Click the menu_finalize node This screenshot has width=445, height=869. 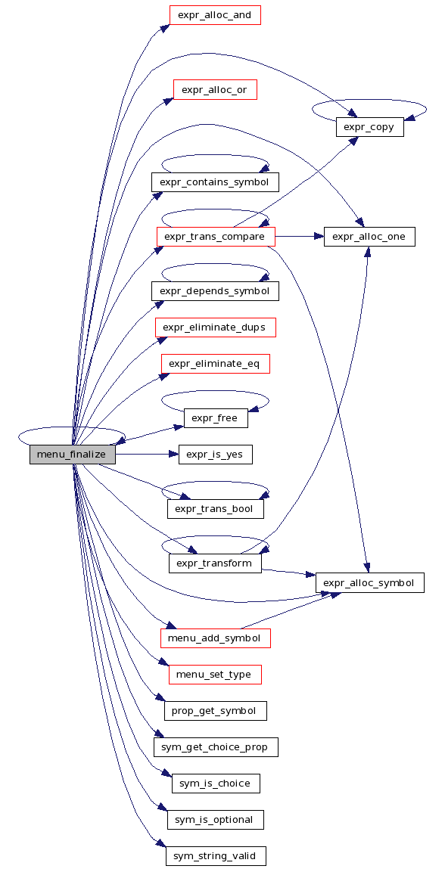(x=72, y=455)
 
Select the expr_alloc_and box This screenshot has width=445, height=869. (x=215, y=15)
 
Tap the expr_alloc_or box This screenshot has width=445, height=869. (x=215, y=90)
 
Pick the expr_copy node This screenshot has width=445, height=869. (x=369, y=127)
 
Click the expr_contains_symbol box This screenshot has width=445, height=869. (x=215, y=182)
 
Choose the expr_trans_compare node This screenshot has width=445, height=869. (x=216, y=237)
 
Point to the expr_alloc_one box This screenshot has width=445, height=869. (x=369, y=237)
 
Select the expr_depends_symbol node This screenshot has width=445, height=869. (x=215, y=291)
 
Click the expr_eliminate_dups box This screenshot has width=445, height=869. (x=215, y=327)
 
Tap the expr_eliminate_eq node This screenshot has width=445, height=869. (x=215, y=364)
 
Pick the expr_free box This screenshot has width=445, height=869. (x=216, y=418)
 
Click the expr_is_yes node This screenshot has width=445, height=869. (x=215, y=455)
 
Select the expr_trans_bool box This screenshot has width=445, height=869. (x=215, y=509)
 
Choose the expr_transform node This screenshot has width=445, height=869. (x=215, y=563)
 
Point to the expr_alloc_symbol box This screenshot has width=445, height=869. (x=370, y=583)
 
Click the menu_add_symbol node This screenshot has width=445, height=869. (x=215, y=638)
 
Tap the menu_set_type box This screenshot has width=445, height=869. (x=215, y=675)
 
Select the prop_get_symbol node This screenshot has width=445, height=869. (x=215, y=711)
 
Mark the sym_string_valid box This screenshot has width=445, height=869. (x=216, y=856)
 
